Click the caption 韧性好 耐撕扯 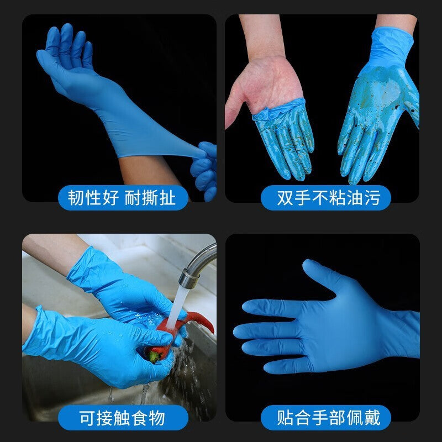pos(122,198)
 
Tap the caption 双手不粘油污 pos(329,198)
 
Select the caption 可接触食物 pos(122,418)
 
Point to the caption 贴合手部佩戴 pos(329,418)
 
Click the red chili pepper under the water pos(181,333)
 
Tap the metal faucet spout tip pos(188,278)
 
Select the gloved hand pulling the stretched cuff pos(205,171)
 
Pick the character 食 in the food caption pos(139,418)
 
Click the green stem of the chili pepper pos(153,357)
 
